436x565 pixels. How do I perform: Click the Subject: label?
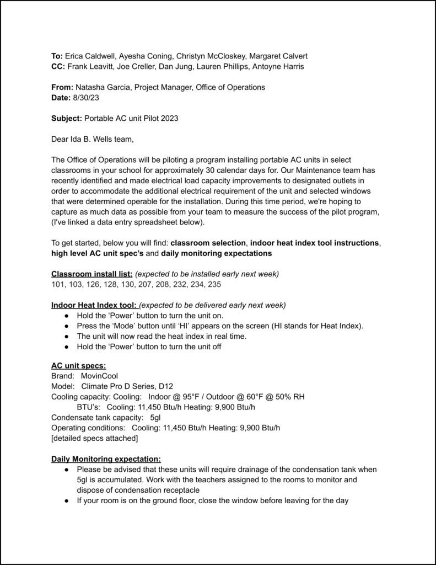[66, 118]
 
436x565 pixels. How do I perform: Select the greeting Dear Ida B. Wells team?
[92, 138]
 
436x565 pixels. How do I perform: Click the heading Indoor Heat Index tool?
[95, 305]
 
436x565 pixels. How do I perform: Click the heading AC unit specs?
[79, 365]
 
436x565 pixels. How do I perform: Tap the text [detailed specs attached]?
[94, 438]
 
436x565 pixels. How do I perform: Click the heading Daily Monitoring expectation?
[106, 459]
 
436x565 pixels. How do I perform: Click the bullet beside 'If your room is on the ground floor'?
[66, 500]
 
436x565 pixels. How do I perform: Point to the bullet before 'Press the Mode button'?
[66, 326]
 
